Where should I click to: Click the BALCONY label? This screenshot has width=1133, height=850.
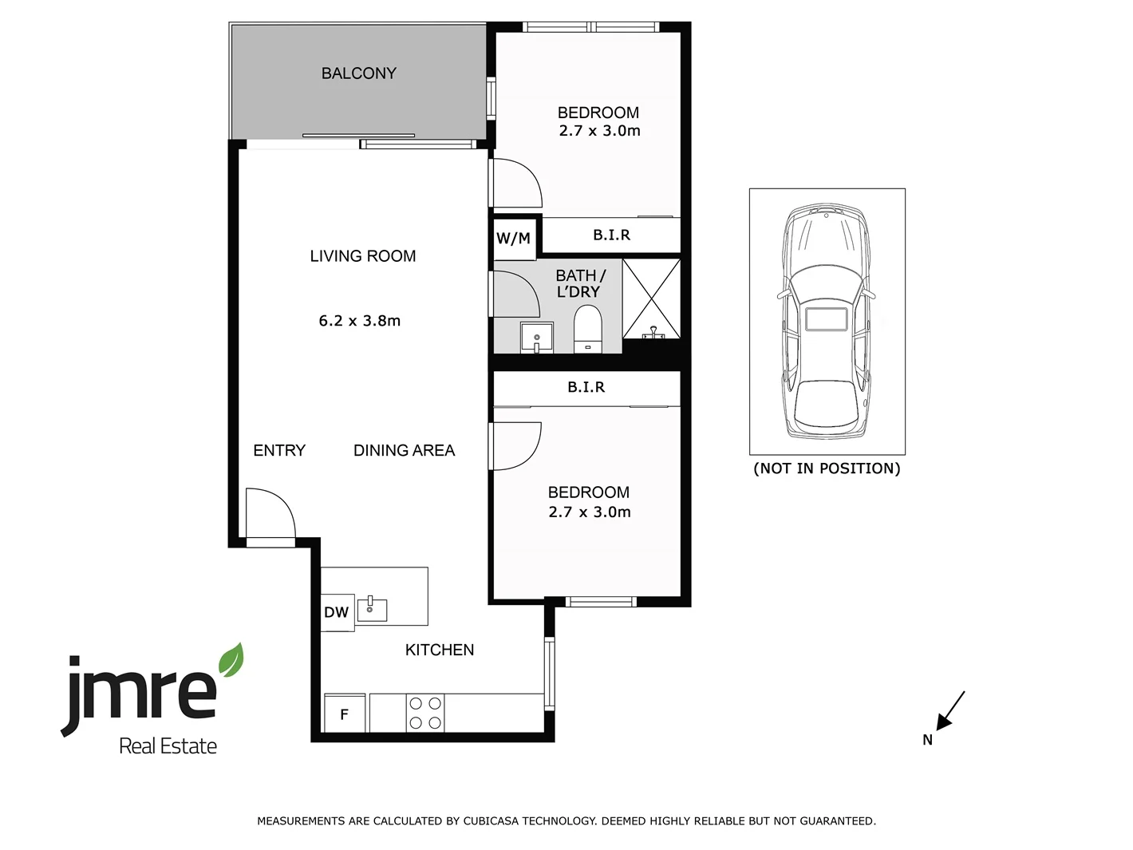[358, 73]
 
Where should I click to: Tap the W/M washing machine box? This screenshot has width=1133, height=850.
[513, 238]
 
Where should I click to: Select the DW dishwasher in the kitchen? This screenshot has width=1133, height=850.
[337, 612]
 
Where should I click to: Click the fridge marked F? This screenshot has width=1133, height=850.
[344, 714]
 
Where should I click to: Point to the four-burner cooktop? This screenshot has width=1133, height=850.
[424, 713]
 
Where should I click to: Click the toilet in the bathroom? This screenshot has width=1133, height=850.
[588, 329]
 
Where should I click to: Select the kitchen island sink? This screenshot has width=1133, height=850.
[371, 609]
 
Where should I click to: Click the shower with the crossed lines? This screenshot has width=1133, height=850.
[652, 298]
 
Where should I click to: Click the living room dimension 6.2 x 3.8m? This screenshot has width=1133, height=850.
[360, 321]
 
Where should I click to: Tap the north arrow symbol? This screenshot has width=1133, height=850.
[949, 713]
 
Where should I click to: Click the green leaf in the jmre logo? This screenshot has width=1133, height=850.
[231, 661]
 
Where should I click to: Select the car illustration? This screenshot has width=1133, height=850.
[826, 321]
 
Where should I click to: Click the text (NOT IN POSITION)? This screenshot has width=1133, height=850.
[827, 468]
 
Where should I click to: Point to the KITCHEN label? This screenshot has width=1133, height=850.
[440, 650]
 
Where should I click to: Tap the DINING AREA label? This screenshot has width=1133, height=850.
[404, 450]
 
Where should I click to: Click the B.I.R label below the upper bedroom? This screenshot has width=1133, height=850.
[612, 235]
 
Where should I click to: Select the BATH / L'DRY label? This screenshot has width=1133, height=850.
[580, 283]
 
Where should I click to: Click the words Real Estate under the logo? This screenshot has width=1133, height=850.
[168, 746]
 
